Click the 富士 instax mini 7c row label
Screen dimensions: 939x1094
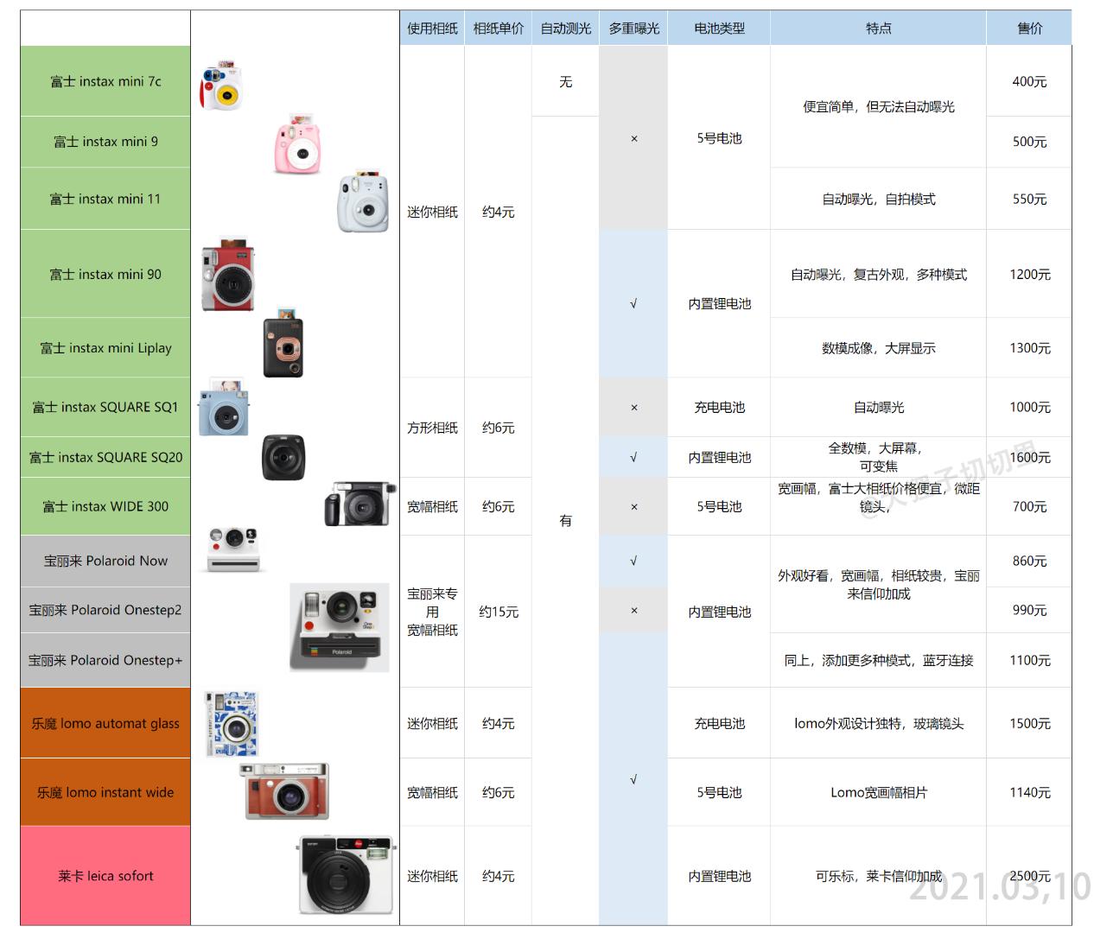pos(105,81)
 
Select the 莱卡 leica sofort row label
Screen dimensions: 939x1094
pos(105,876)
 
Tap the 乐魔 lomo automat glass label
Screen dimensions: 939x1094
pos(105,723)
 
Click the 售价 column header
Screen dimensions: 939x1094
pos(1029,29)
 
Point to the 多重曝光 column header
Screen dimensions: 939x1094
pos(633,29)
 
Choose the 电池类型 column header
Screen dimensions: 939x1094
pos(719,29)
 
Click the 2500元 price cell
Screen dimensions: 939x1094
pos(1029,876)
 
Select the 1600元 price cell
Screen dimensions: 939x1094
pos(1029,457)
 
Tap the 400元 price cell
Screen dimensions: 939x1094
pos(1029,81)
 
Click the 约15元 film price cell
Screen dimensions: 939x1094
pos(499,612)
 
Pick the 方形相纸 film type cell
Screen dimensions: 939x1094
pos(432,428)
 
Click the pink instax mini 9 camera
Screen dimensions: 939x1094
pos(298,144)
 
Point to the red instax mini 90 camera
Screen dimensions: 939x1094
pos(228,276)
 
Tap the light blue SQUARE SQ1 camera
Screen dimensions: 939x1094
pos(224,409)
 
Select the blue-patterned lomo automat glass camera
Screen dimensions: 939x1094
pos(232,724)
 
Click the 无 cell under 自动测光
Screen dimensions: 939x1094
pos(565,81)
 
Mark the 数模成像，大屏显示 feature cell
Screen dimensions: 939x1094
pos(878,348)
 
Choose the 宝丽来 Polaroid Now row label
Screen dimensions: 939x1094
pos(105,561)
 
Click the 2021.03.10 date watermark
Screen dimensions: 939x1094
pos(1000,887)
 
